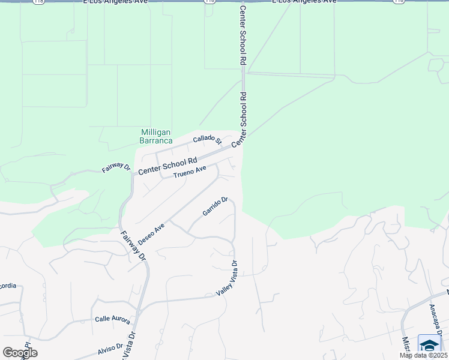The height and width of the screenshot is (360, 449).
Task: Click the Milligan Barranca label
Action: pos(155,136)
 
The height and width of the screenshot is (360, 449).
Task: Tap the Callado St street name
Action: pos(207,140)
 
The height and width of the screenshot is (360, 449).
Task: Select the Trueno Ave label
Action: pos(190,172)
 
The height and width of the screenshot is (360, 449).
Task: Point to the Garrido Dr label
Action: pos(215,207)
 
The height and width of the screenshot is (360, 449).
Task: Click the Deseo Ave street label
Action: pos(151,234)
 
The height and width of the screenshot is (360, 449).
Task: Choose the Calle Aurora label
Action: pos(112,320)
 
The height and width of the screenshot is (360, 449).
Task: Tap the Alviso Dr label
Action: pos(110,347)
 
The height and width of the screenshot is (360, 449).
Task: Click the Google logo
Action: pos(20,353)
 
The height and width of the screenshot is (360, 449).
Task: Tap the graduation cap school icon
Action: pos(430,345)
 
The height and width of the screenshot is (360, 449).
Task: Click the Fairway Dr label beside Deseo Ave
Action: pos(133,246)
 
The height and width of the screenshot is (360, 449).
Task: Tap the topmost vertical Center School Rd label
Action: pos(243,36)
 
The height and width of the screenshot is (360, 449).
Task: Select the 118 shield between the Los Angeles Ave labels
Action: pos(209,2)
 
